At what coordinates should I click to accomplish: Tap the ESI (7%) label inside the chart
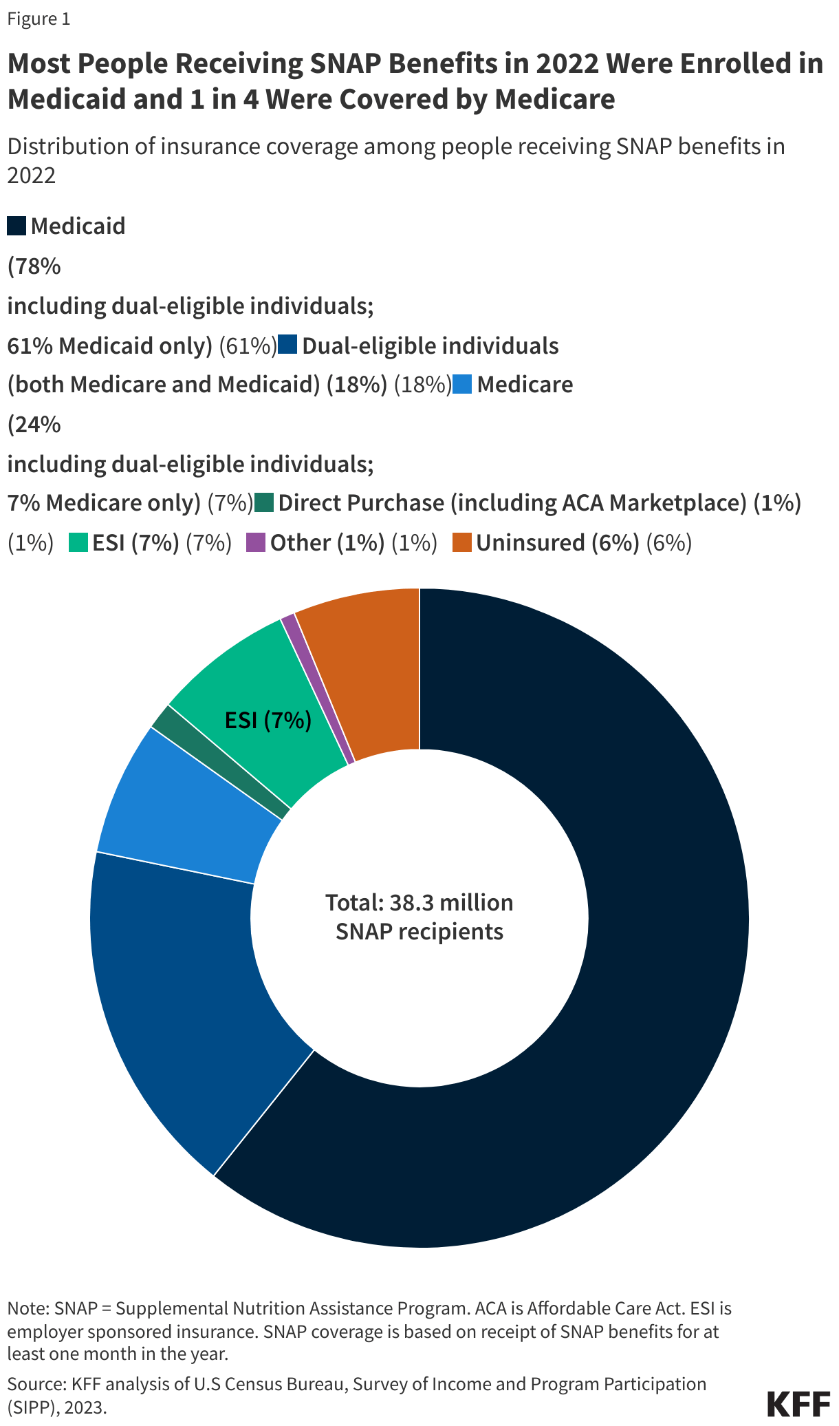point(268,721)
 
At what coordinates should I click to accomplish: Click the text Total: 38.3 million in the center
point(419,902)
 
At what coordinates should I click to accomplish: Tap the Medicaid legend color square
point(17,226)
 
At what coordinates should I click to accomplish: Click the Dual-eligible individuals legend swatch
point(287,345)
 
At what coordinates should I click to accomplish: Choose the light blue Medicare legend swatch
point(462,384)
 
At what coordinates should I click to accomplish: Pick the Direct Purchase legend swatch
point(264,502)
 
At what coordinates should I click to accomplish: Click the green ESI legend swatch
point(78,542)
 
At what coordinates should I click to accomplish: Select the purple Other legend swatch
point(256,542)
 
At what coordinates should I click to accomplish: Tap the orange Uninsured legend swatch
point(462,542)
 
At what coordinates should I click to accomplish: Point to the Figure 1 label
point(39,19)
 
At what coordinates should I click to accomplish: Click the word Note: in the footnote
point(28,1308)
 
